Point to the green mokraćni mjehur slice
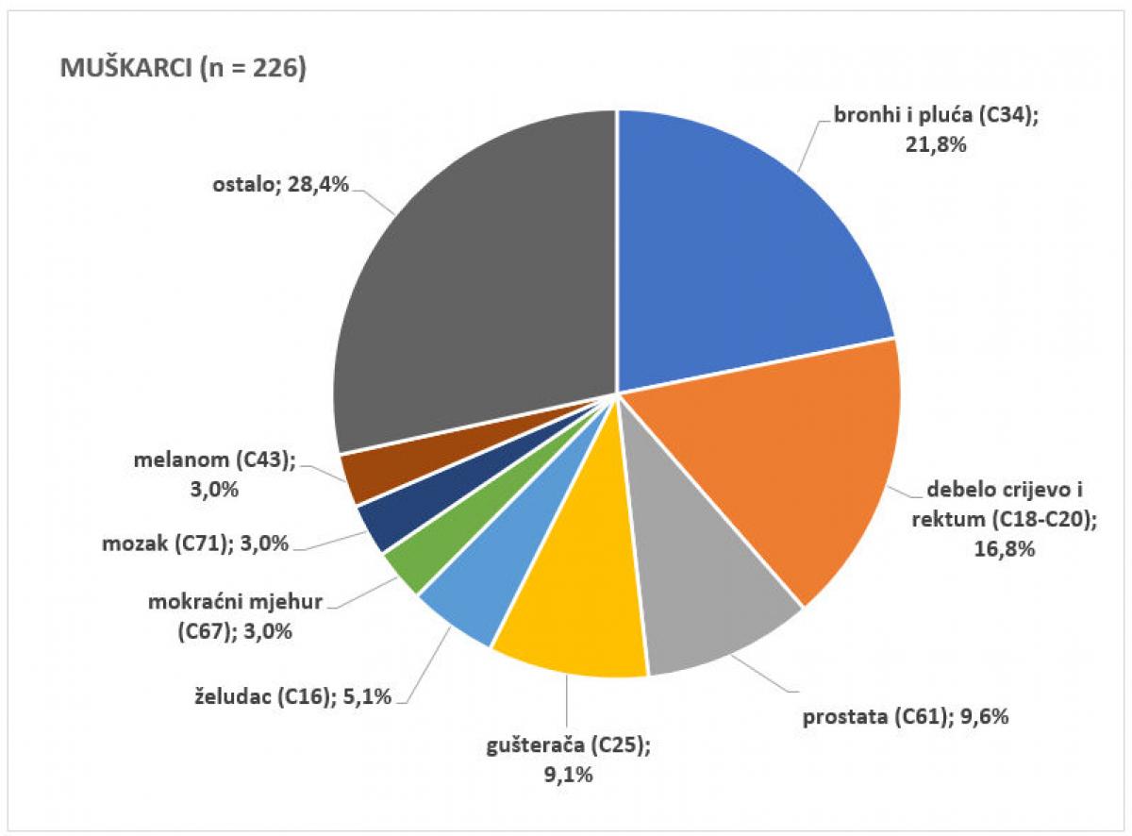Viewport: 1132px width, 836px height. pyautogui.click(x=410, y=565)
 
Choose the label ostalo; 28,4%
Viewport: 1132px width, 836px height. pyautogui.click(x=281, y=185)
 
